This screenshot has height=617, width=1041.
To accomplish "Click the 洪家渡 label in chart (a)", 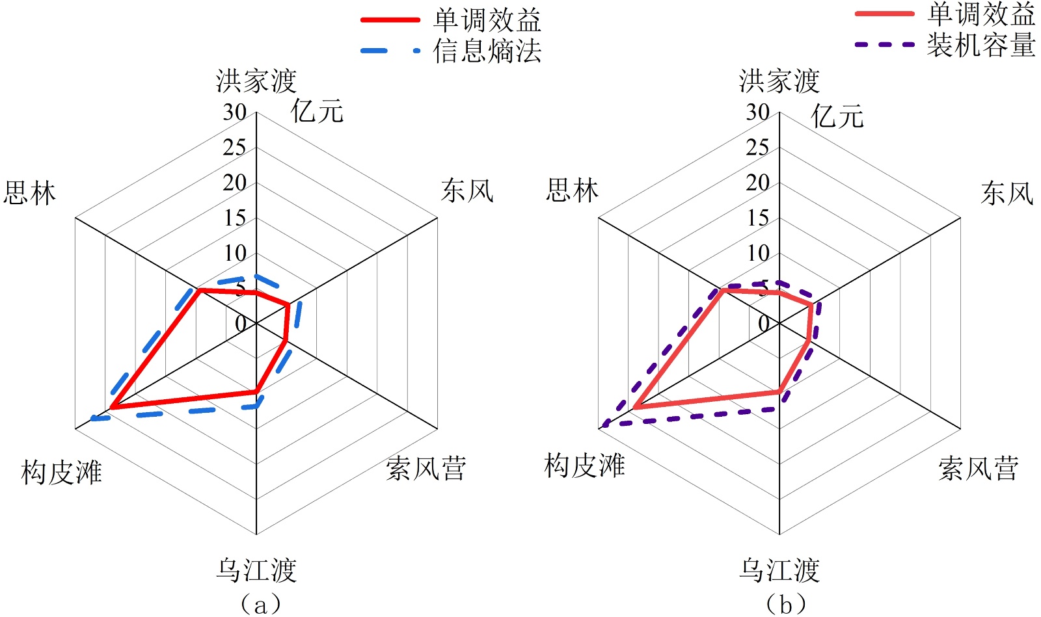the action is [256, 81].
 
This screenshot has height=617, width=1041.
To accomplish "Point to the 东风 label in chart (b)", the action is [1007, 193].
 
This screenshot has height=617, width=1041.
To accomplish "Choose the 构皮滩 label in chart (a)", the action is [61, 471].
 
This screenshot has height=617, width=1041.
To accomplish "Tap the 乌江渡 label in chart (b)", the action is [779, 570].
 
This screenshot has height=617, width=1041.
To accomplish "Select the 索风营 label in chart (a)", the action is [426, 468].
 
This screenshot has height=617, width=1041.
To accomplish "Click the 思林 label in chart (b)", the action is [572, 190].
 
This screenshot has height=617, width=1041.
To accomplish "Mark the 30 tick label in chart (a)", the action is [234, 112].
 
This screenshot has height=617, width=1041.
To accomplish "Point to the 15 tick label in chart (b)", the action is [757, 218].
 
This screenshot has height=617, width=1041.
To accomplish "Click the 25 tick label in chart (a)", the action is [234, 148].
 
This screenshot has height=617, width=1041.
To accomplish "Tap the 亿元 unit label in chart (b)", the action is [837, 117].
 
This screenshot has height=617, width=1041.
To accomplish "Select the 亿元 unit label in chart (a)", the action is [317, 112].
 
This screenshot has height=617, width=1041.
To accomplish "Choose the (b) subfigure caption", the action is [786, 604].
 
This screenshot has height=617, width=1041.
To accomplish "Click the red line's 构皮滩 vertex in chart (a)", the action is [112, 407].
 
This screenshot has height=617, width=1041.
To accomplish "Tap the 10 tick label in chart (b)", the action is [757, 253].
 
